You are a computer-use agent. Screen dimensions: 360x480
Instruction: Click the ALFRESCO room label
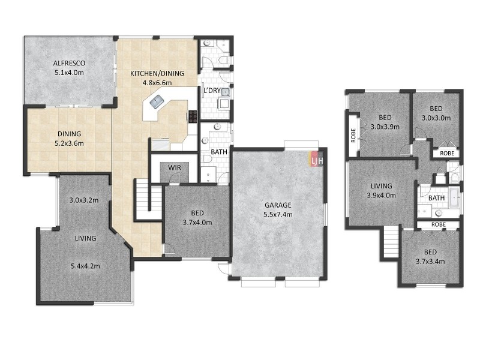click(x=69, y=63)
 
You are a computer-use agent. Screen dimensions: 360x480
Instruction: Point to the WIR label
click(x=175, y=167)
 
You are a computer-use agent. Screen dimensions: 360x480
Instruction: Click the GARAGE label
click(x=278, y=205)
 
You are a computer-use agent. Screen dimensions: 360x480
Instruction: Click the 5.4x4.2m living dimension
click(x=85, y=266)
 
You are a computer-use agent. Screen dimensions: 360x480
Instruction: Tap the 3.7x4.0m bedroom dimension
click(x=196, y=222)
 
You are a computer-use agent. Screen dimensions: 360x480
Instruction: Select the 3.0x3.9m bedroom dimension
click(x=385, y=127)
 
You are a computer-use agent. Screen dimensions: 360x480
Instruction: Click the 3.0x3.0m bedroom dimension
click(x=436, y=118)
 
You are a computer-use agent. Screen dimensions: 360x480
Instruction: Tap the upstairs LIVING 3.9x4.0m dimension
click(x=381, y=195)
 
